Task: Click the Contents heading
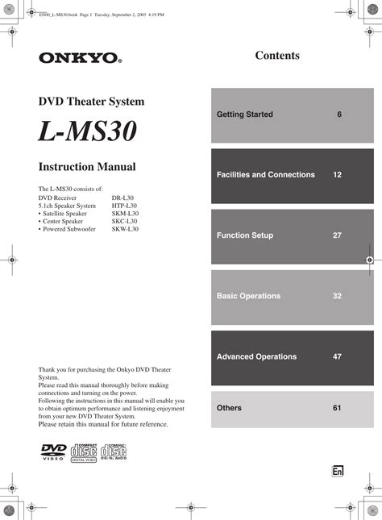tap(277, 56)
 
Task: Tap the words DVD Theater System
tap(92, 102)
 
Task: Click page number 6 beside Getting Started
tap(339, 114)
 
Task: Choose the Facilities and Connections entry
tap(266, 175)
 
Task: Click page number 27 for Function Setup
tap(337, 235)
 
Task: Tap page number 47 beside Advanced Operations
tap(337, 356)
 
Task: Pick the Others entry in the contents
tap(229, 408)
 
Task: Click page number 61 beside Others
tap(337, 408)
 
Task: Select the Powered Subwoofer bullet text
tap(69, 230)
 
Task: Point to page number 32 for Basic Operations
tap(337, 296)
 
